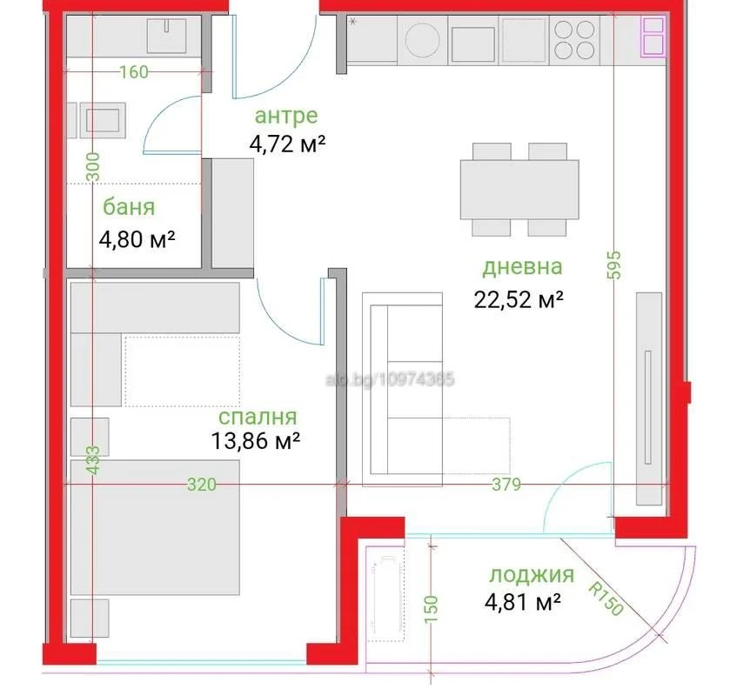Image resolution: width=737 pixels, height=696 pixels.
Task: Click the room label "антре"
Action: [286, 116]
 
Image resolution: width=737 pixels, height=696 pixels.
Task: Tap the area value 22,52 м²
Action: [519, 299]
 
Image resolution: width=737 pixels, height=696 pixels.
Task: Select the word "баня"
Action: [129, 207]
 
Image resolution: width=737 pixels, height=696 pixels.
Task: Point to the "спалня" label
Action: [258, 417]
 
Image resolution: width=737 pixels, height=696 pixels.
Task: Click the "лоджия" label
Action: [532, 575]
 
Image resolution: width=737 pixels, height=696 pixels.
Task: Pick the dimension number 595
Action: [613, 265]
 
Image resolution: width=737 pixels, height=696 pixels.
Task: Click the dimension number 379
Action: [506, 485]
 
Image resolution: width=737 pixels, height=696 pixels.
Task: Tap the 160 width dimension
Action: [133, 72]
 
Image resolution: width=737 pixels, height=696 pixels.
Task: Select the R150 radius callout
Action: [606, 599]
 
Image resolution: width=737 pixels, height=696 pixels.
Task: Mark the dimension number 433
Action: [93, 460]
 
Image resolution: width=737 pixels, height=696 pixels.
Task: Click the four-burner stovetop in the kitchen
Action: [574, 39]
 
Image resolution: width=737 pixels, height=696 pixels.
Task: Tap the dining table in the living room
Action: [519, 190]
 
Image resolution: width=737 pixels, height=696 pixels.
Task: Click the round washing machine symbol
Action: [422, 40]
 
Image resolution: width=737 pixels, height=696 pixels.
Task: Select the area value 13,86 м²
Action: [255, 441]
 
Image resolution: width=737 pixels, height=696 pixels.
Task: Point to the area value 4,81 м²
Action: [523, 602]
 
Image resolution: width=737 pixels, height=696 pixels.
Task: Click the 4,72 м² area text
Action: [287, 144]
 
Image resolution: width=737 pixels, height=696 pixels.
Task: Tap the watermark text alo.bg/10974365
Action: [390, 379]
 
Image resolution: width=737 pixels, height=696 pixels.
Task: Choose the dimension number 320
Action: [202, 485]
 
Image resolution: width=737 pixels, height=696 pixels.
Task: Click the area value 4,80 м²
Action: [137, 239]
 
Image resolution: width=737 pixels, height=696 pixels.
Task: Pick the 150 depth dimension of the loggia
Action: [431, 610]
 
